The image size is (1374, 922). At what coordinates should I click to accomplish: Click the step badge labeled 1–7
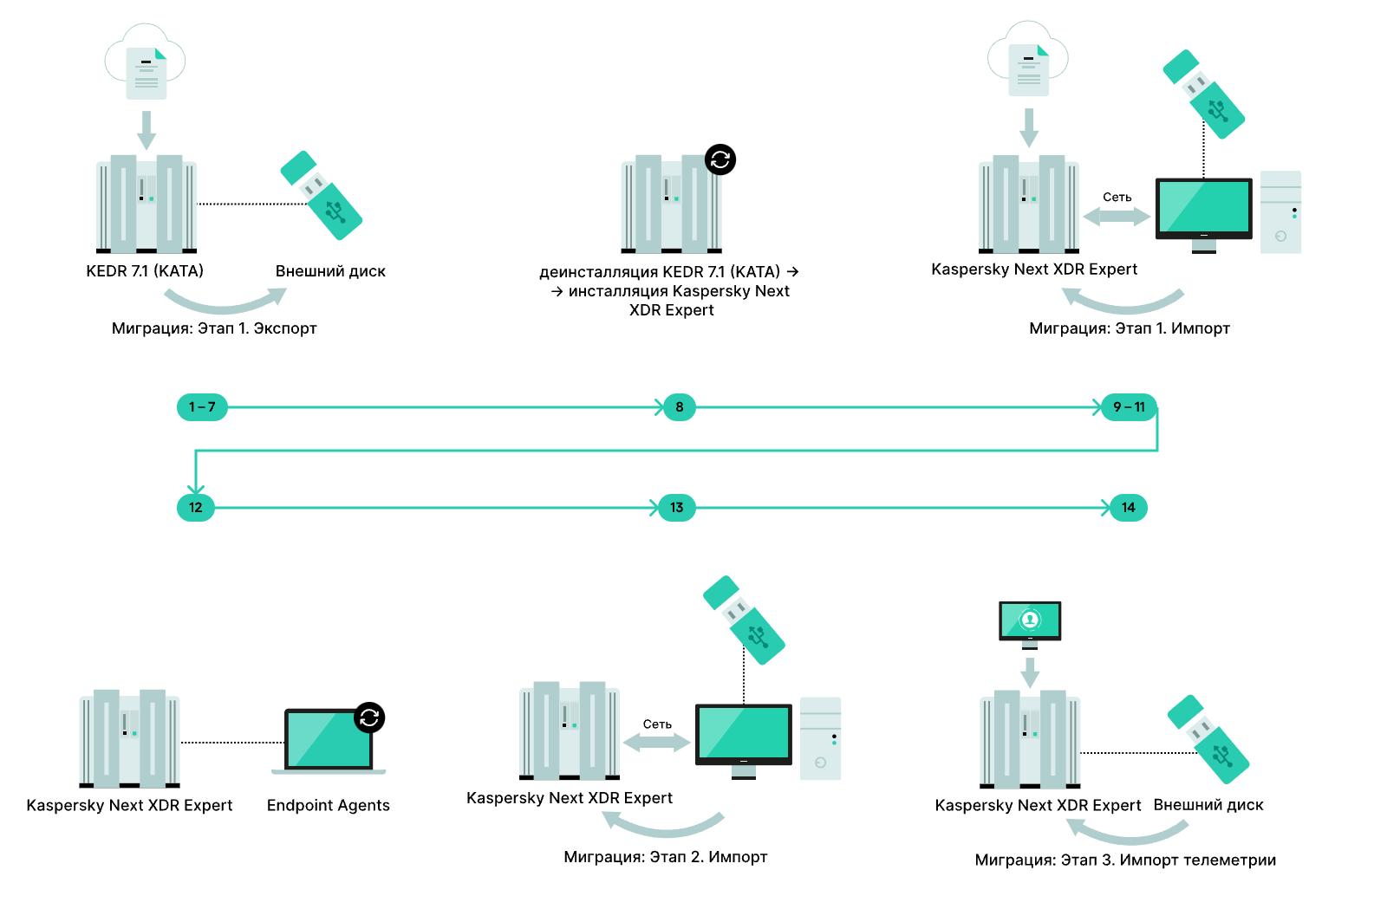point(203,407)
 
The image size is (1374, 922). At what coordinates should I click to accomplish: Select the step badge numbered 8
point(679,407)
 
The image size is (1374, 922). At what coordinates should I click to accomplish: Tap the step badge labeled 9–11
point(1129,407)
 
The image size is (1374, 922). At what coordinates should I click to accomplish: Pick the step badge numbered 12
point(196,508)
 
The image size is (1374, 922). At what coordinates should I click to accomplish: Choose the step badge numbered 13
point(676,508)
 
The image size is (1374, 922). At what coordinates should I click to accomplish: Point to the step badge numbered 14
point(1128,508)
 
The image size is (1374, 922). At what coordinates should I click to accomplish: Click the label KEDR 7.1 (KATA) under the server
point(145,271)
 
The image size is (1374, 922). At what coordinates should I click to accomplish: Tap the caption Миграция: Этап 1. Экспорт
point(214,328)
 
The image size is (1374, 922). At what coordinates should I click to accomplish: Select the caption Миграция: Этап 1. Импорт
point(1130,328)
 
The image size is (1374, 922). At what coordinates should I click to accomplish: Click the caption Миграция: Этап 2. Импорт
point(666,857)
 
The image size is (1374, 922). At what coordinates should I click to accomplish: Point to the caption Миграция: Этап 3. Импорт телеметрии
point(1125,860)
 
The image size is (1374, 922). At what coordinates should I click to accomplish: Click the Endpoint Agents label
point(329,806)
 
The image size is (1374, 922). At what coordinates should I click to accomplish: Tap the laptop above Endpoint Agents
point(329,741)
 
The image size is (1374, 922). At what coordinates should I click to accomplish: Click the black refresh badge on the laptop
point(369,717)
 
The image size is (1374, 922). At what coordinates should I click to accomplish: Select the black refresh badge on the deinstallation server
point(720,159)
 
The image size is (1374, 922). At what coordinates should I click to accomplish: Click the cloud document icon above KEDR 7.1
point(146,62)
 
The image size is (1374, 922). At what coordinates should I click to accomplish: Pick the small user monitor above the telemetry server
point(1030,625)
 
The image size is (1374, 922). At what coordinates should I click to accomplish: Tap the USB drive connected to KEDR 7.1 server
point(322,196)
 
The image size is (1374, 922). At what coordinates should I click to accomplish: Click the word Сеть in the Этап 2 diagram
point(657,724)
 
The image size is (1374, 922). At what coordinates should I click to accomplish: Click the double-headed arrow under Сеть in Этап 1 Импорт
point(1117,217)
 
